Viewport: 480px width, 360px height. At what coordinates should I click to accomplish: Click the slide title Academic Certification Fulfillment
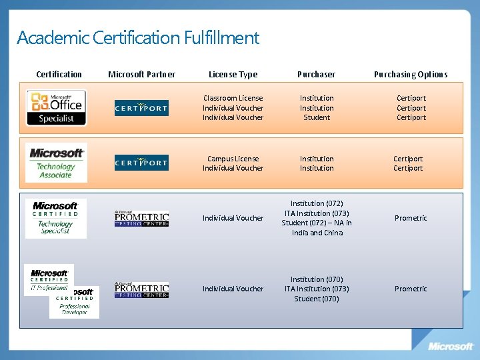(x=138, y=38)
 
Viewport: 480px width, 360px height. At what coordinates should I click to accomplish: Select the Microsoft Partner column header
(x=141, y=75)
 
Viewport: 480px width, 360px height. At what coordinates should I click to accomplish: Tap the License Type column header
(x=233, y=75)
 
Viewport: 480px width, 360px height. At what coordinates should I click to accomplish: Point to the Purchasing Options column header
(x=411, y=75)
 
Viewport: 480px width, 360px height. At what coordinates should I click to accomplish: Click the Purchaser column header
(x=317, y=75)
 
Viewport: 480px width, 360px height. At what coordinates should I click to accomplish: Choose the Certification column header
(x=59, y=75)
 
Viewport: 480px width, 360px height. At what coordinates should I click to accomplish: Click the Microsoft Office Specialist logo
(x=56, y=108)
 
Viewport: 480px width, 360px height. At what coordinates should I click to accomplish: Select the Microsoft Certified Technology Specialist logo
(x=56, y=218)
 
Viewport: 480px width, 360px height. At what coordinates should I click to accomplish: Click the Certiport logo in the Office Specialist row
(x=141, y=108)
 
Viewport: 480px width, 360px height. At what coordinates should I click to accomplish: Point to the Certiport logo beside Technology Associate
(x=141, y=163)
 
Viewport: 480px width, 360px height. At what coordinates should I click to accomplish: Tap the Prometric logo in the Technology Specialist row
(x=141, y=218)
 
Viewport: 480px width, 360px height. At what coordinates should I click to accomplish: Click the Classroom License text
(x=233, y=98)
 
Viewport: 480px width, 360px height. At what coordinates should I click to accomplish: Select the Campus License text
(x=233, y=159)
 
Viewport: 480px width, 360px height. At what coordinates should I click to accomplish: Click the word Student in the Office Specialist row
(x=317, y=117)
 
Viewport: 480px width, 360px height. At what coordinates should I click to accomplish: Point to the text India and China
(x=317, y=233)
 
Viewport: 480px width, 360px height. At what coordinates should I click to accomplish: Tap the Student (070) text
(x=317, y=299)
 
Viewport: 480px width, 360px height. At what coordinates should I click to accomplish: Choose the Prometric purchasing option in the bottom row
(x=411, y=289)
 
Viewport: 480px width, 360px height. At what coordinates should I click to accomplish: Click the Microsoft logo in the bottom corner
(x=451, y=346)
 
